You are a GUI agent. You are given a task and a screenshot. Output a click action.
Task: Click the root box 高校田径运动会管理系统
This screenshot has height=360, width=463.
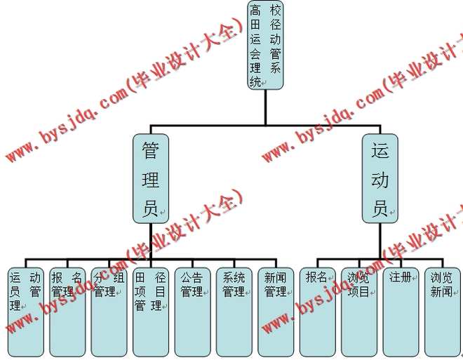tap(266, 46)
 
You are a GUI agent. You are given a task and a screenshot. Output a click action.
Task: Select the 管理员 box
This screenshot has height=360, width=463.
tap(151, 178)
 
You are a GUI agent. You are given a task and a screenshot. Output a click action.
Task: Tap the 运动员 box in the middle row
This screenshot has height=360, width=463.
tap(380, 178)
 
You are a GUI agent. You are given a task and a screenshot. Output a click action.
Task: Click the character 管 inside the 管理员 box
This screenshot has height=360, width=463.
tap(150, 150)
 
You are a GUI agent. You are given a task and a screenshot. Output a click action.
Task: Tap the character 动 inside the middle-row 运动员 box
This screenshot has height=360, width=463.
tap(380, 179)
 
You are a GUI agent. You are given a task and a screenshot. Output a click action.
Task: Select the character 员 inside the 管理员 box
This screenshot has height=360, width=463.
tap(150, 208)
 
